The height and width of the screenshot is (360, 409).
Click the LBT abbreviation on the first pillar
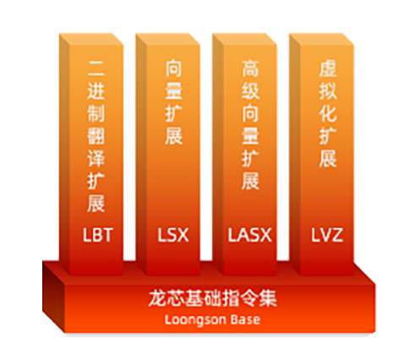pos(98,235)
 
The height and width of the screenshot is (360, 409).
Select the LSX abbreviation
pos(173,235)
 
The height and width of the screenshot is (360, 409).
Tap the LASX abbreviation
pos(250,235)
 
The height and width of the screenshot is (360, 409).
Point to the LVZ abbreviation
pos(327,235)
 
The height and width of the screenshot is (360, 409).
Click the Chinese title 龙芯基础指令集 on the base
pos(213,298)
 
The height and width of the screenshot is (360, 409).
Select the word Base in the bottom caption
pos(245,319)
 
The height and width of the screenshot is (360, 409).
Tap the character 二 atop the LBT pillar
pos(95,68)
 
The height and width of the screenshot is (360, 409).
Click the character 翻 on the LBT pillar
pos(95,136)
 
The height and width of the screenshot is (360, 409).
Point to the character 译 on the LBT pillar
pos(95,158)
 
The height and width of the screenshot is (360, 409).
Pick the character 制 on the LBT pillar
pos(95,113)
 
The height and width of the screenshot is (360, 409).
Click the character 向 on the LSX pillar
pos(173,68)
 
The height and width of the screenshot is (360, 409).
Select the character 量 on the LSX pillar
pos(173,90)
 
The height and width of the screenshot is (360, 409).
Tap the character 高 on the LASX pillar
pos(250,68)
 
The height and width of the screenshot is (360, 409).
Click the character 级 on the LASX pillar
pos(250,90)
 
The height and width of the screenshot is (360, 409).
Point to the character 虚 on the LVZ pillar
pos(328,68)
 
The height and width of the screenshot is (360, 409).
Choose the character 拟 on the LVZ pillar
pos(328,90)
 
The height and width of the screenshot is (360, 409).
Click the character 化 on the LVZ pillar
pos(328,113)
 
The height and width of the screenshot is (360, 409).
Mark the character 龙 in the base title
pos(157,298)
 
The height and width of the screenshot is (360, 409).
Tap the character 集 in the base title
pos(268,298)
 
